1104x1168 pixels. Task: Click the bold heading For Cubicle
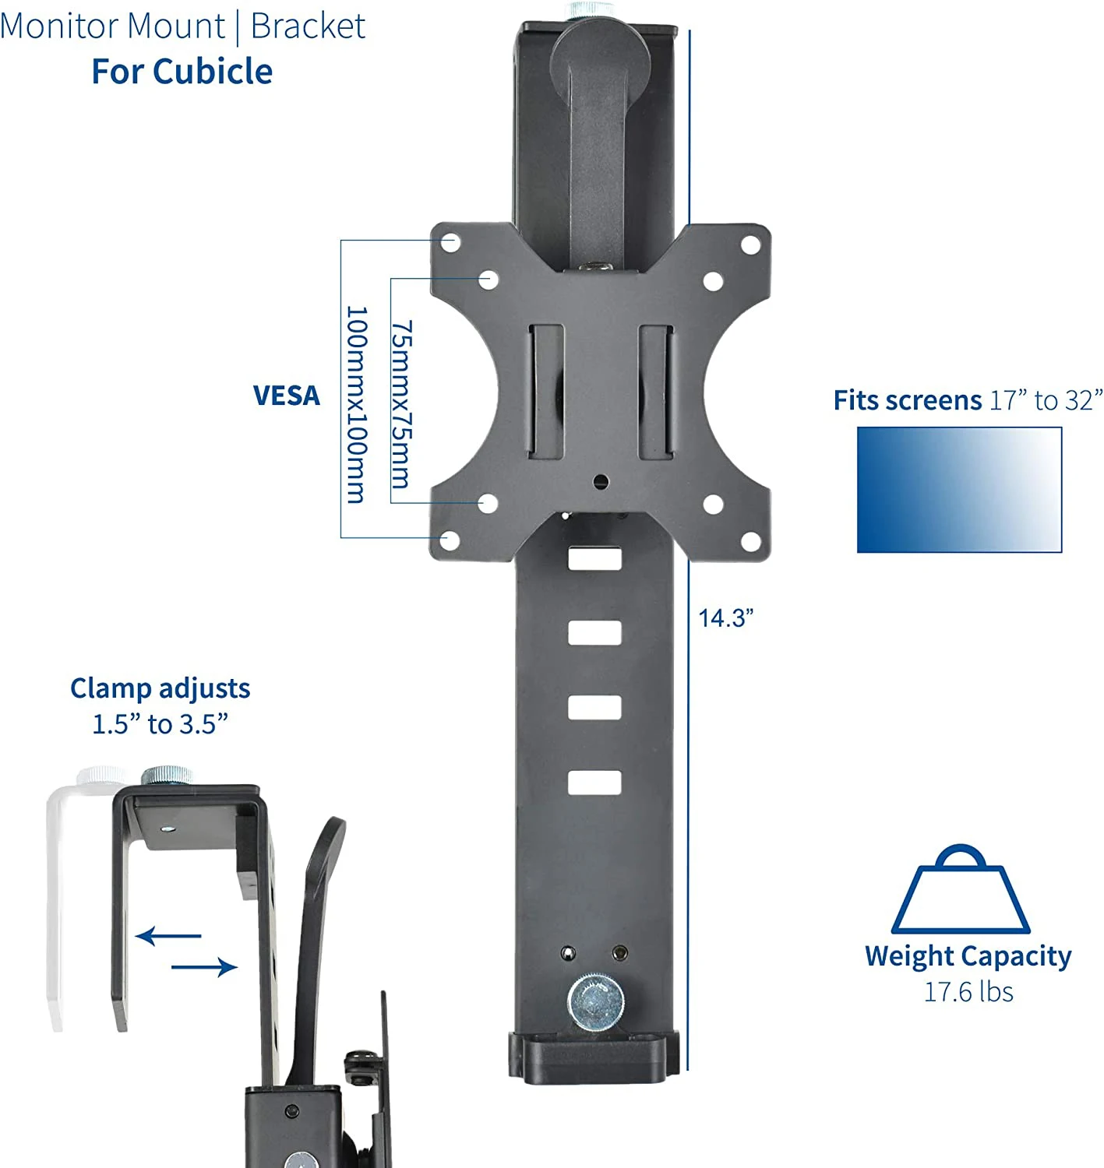coord(182,72)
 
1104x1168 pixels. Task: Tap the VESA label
coord(287,396)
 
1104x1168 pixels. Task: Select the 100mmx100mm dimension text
coord(355,405)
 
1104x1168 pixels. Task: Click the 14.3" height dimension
coord(725,618)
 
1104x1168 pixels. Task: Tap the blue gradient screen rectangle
coord(959,490)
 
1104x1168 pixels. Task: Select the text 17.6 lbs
coord(968,992)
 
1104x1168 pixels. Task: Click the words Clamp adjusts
coord(160,688)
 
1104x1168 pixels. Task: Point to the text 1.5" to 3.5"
coord(160,724)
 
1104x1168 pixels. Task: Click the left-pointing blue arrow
coord(168,935)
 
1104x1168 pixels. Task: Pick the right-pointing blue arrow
coord(204,967)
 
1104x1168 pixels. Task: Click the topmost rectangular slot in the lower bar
coord(594,558)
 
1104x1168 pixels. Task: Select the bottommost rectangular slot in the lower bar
coord(594,783)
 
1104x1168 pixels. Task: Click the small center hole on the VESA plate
coord(599,481)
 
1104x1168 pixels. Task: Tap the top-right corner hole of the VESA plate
coord(750,244)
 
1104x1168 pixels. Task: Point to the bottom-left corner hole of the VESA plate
coord(450,540)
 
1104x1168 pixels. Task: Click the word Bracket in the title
coord(308,26)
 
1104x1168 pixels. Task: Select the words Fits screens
coord(907,400)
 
